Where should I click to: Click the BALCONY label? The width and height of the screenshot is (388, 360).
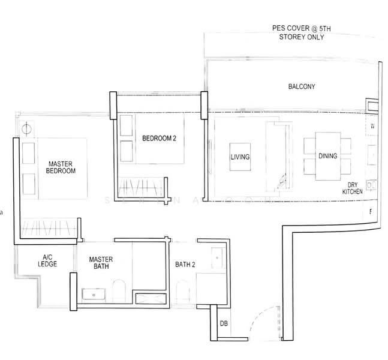[x=301, y=87]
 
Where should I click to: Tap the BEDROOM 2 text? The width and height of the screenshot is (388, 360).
[x=159, y=139]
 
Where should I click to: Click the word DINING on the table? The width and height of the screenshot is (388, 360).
[x=327, y=157]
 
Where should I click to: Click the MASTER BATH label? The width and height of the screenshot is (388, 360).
[x=101, y=263]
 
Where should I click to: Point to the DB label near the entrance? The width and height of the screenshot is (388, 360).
[x=224, y=325]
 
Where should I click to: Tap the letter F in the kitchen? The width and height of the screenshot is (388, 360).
[x=371, y=211]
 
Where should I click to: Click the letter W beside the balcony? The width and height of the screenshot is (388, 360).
[x=372, y=126]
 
